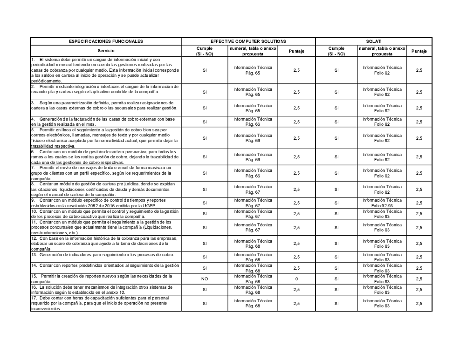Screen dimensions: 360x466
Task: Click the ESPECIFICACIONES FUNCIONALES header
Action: (106, 41)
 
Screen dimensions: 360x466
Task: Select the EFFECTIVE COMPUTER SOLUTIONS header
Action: (248, 41)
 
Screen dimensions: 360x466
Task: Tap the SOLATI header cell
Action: (374, 41)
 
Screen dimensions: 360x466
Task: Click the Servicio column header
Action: (106, 51)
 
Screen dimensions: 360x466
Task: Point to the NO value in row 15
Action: (204, 279)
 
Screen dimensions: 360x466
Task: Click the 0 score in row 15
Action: (296, 279)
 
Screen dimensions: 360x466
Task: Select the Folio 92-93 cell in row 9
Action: (382, 203)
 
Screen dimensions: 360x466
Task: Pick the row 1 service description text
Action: (106, 70)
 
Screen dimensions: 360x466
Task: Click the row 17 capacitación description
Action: (106, 303)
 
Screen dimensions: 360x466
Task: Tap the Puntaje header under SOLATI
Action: (419, 51)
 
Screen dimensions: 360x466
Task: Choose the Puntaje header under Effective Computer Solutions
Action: (296, 51)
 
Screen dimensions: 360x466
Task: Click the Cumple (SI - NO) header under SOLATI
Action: (336, 51)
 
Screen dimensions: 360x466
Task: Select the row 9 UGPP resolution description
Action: (106, 203)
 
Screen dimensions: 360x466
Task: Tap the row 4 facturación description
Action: (106, 122)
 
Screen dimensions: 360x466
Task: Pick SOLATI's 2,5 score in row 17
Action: (419, 303)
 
